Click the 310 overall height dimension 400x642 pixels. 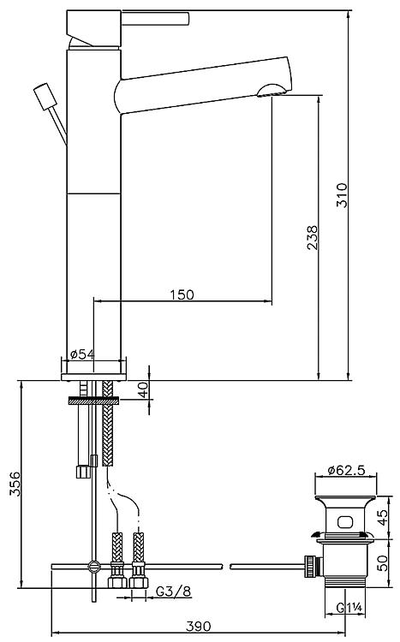[x=342, y=195]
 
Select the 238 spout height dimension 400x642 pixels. [x=313, y=237]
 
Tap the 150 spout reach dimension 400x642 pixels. [x=182, y=294]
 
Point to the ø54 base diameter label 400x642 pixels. [x=82, y=354]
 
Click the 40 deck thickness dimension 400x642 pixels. [x=143, y=389]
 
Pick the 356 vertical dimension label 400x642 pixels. [x=15, y=484]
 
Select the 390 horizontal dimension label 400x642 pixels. [x=199, y=626]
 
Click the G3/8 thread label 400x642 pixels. [x=173, y=591]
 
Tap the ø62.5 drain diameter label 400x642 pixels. [x=346, y=470]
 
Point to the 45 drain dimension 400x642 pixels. [x=382, y=517]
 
